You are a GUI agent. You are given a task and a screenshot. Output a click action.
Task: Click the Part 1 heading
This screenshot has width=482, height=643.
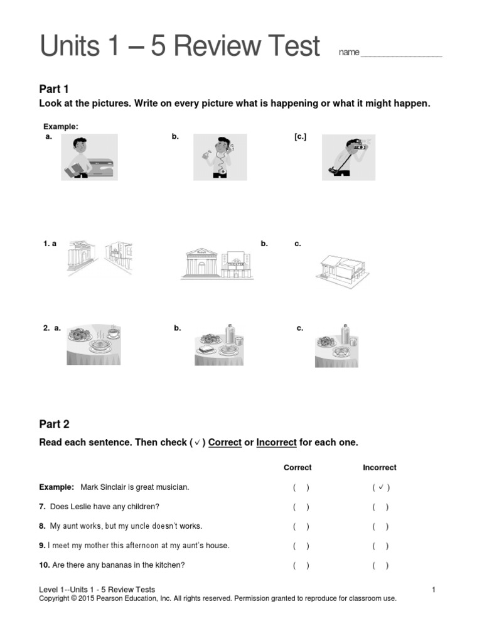click(54, 89)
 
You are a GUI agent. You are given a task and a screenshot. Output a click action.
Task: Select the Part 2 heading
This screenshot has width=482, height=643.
click(54, 424)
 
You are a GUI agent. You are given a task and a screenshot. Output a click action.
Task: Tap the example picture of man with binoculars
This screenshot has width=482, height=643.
click(348, 156)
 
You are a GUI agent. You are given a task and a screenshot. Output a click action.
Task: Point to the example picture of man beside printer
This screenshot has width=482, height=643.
click(88, 158)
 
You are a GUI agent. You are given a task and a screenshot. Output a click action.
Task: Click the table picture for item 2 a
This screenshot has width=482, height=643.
click(94, 345)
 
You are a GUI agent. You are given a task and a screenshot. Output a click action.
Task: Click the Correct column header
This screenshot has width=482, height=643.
click(297, 468)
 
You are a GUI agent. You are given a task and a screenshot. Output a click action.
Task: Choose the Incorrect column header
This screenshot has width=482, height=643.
click(380, 468)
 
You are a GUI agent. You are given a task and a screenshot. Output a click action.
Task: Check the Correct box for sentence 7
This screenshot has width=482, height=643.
click(300, 507)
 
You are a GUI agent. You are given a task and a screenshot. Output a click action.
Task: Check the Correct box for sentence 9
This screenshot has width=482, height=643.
click(300, 546)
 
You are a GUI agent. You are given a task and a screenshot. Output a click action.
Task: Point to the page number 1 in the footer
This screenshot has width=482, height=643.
click(434, 590)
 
